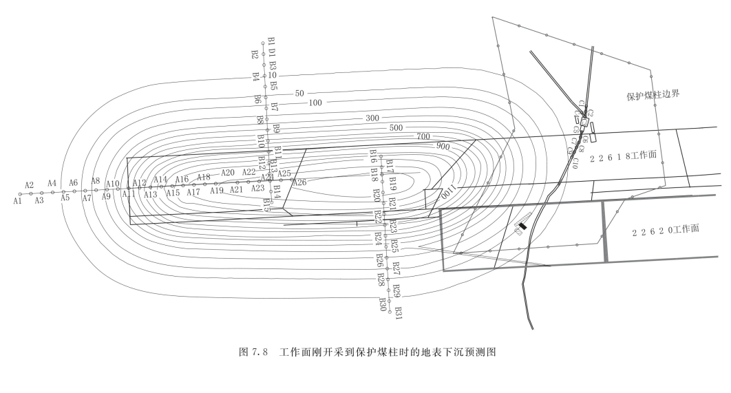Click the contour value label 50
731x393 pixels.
(299, 93)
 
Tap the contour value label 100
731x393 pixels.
(316, 103)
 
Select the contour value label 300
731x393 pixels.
(372, 118)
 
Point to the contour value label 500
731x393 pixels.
(396, 128)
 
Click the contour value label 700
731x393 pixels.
(423, 136)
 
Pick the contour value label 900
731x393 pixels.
(442, 146)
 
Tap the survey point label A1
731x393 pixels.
(17, 201)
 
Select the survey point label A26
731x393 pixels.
(299, 182)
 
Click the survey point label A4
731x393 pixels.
(52, 183)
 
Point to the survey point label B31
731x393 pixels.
(398, 312)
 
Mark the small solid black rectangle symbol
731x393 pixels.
(523, 226)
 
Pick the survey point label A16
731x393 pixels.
(182, 180)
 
